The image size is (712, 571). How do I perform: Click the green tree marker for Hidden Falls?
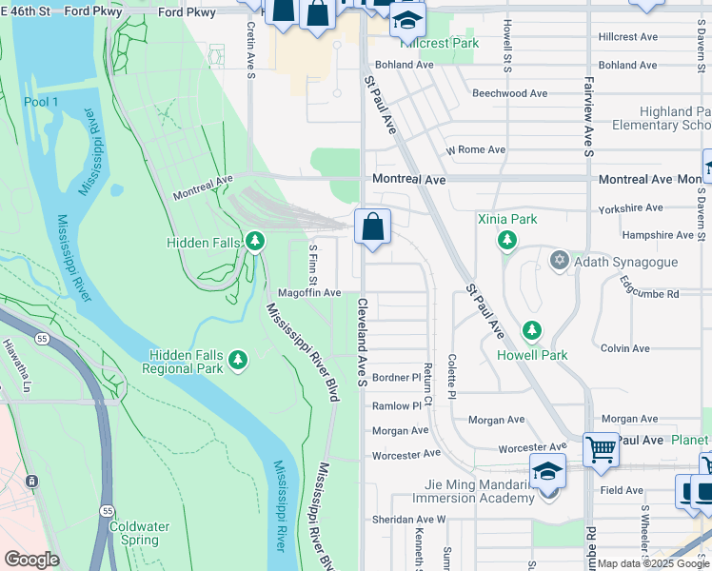tap(254, 242)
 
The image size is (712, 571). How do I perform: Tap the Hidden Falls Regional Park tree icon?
tap(237, 361)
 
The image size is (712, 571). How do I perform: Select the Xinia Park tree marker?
tap(507, 240)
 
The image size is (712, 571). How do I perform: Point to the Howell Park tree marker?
tap(532, 331)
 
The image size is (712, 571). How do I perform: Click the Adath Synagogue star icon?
tap(560, 260)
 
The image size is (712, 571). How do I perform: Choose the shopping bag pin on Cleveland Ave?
tap(373, 227)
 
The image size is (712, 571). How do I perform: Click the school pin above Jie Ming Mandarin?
tap(548, 470)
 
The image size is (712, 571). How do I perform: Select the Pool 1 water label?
tap(41, 102)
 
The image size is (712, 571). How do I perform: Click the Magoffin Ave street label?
tap(309, 293)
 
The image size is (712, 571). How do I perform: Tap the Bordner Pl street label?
tap(396, 378)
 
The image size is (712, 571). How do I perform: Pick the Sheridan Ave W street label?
tap(408, 520)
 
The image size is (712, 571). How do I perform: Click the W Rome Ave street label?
tap(476, 150)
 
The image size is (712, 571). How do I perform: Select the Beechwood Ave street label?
tap(509, 94)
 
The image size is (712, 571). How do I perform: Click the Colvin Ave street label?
tap(625, 348)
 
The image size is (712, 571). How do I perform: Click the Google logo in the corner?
tap(31, 560)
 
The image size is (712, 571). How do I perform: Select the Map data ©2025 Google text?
tap(653, 563)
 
